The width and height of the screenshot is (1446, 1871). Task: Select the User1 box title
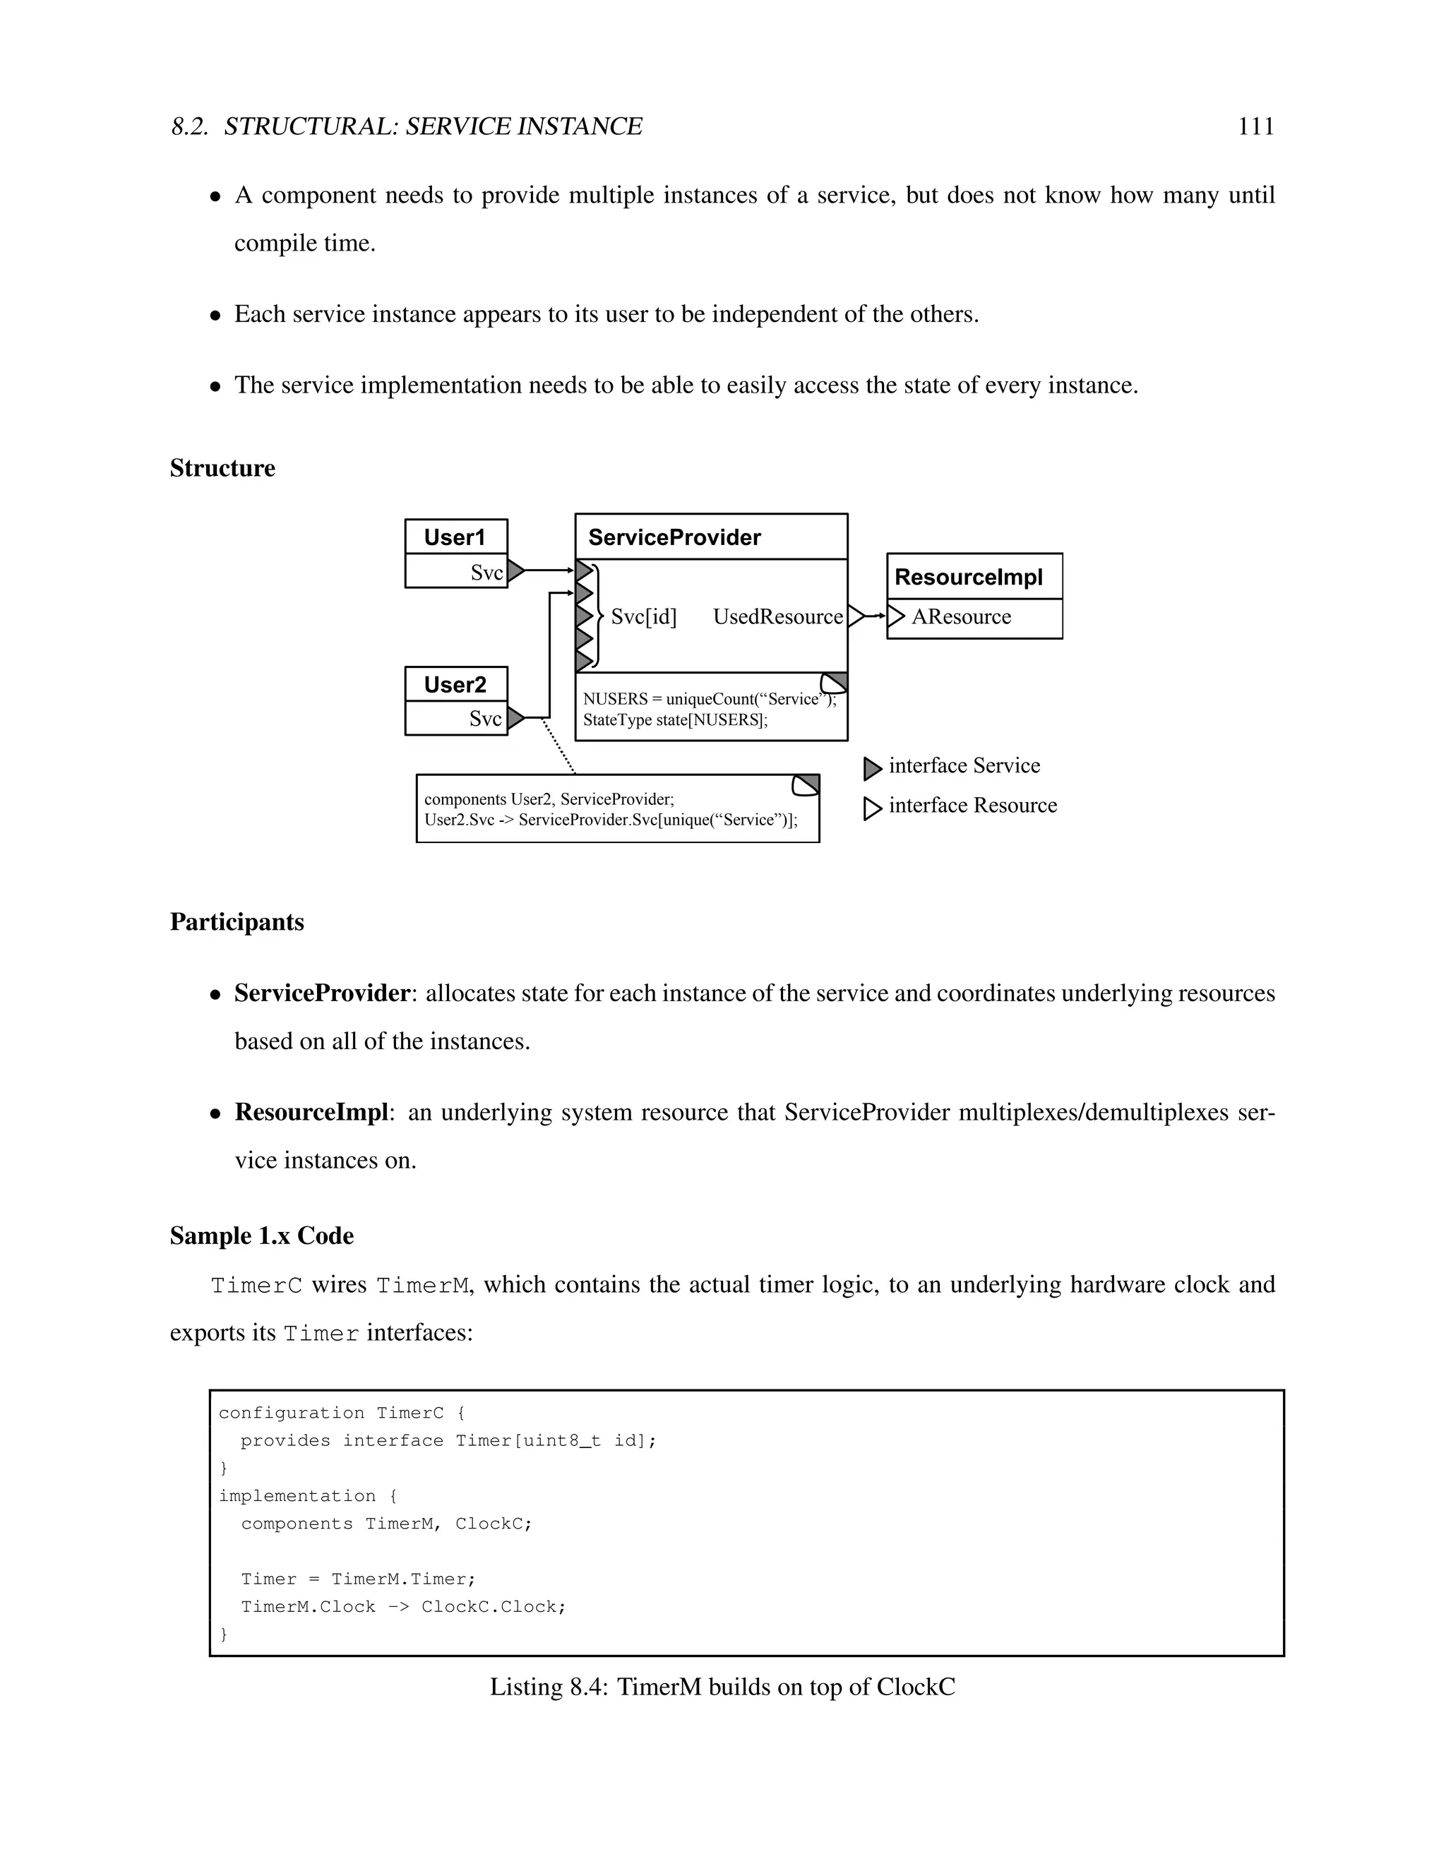[x=454, y=537]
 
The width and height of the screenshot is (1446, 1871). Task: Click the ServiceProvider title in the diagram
[x=674, y=537]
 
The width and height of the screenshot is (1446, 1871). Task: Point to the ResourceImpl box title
[x=968, y=577]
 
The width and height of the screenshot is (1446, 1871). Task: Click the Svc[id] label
[x=643, y=617]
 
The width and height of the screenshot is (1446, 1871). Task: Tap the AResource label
[x=960, y=617]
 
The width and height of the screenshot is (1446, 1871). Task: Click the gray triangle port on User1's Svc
[x=514, y=570]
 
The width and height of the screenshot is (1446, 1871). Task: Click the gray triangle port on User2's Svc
[x=514, y=718]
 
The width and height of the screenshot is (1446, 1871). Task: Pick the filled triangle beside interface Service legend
[x=871, y=768]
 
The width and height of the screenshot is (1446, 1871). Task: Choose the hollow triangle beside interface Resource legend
[x=871, y=808]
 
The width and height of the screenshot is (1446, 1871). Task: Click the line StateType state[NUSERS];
[x=675, y=719]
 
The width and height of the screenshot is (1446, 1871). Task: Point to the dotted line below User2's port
[x=558, y=746]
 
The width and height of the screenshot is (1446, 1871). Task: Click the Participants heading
[x=237, y=922]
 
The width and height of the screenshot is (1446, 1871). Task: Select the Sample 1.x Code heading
[x=261, y=1236]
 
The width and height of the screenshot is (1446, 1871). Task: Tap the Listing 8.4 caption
[x=722, y=1687]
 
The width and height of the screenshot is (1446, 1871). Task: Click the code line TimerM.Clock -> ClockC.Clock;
[x=402, y=1606]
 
